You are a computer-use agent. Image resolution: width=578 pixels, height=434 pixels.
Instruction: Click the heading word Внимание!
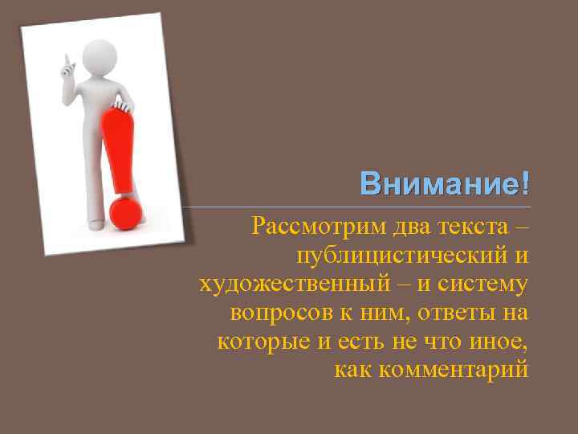tap(444, 184)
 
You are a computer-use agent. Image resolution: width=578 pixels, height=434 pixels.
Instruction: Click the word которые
tap(263, 340)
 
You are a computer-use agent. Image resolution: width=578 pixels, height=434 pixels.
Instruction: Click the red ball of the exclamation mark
tap(126, 212)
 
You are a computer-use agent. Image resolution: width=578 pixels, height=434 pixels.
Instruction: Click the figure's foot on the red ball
tap(132, 195)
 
